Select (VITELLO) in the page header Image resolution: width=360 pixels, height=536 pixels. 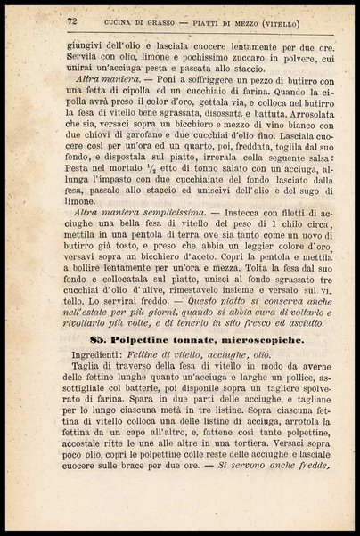click(x=286, y=20)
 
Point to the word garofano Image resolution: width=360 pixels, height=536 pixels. click(x=145, y=151)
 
